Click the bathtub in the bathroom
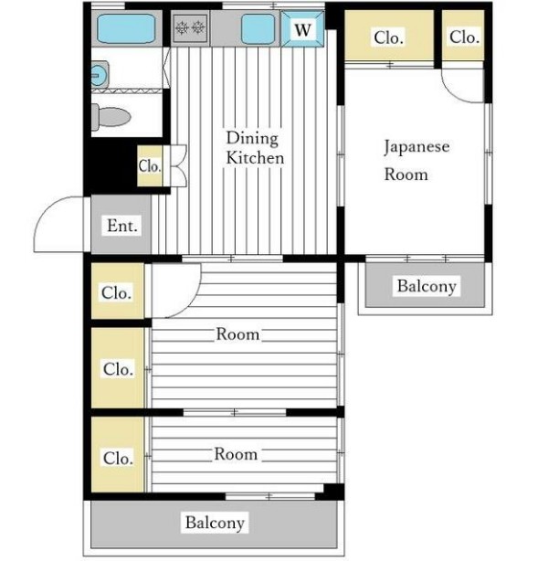point(126,28)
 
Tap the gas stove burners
point(190,28)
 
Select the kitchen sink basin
point(258,28)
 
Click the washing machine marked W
point(302,28)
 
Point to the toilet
point(111,117)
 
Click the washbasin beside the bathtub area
point(100,75)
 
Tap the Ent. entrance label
point(122,226)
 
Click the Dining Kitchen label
point(255,148)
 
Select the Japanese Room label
point(417,160)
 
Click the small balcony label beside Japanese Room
point(427,286)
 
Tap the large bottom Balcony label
point(215,523)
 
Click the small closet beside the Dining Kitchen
point(150,166)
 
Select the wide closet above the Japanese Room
point(389,35)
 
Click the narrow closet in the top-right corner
point(463,35)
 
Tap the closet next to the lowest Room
point(118,454)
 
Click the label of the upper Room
point(237,334)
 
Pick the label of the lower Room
point(236,454)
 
